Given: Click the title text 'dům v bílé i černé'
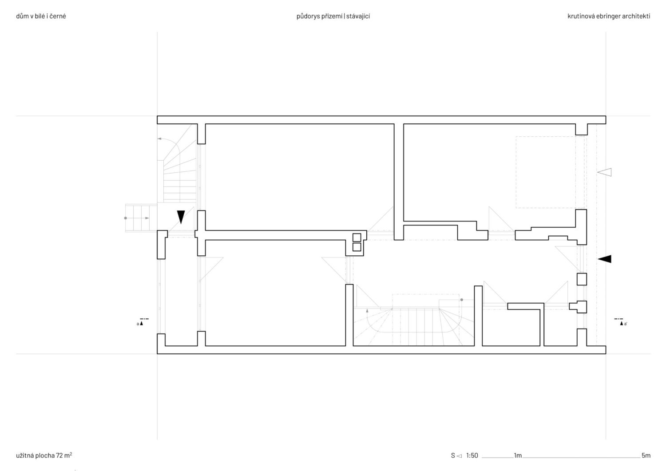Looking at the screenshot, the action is pyautogui.click(x=41, y=16).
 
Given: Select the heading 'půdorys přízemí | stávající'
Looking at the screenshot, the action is pyautogui.click(x=333, y=16).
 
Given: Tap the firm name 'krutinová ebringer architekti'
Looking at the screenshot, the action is pyautogui.click(x=609, y=16).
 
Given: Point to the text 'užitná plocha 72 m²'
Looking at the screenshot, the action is pyautogui.click(x=44, y=455).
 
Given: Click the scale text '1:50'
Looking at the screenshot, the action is pyautogui.click(x=472, y=455).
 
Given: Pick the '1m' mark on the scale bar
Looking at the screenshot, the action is pyautogui.click(x=518, y=455).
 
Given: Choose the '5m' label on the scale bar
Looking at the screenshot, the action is pyautogui.click(x=646, y=455).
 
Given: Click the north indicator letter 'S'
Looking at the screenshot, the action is pyautogui.click(x=453, y=455).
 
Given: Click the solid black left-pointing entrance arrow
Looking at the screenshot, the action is pyautogui.click(x=604, y=259).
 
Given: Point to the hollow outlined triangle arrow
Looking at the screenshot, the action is pyautogui.click(x=604, y=172).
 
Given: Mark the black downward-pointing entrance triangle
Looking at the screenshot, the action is pyautogui.click(x=181, y=217).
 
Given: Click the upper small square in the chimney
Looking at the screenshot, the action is pyautogui.click(x=357, y=237).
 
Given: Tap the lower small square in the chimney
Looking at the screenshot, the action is pyautogui.click(x=357, y=247).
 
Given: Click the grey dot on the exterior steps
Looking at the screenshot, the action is pyautogui.click(x=126, y=218).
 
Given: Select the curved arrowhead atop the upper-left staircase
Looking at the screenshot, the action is pyautogui.click(x=159, y=139).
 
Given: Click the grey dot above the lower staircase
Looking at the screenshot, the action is pyautogui.click(x=462, y=300).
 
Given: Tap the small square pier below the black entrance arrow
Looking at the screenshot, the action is pyautogui.click(x=582, y=279).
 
